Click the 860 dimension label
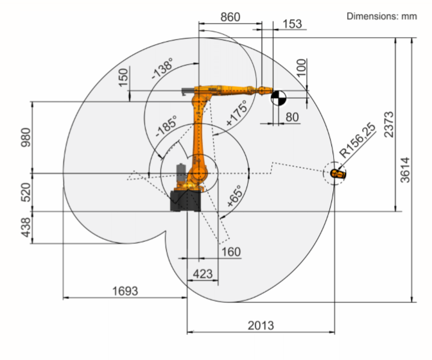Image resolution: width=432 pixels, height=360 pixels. [x=230, y=17]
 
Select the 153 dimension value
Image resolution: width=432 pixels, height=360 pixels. [x=292, y=24]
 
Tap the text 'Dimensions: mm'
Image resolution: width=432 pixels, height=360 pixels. [x=381, y=16]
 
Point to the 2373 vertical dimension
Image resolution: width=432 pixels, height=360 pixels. [x=389, y=124]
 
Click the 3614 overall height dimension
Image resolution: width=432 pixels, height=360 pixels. [x=405, y=170]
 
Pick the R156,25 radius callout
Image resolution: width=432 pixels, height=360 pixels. [x=358, y=140]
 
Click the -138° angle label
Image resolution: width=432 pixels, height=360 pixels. [x=162, y=68]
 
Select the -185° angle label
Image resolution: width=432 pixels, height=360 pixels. [x=166, y=126]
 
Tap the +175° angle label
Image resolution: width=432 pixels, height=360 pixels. [x=236, y=113]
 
